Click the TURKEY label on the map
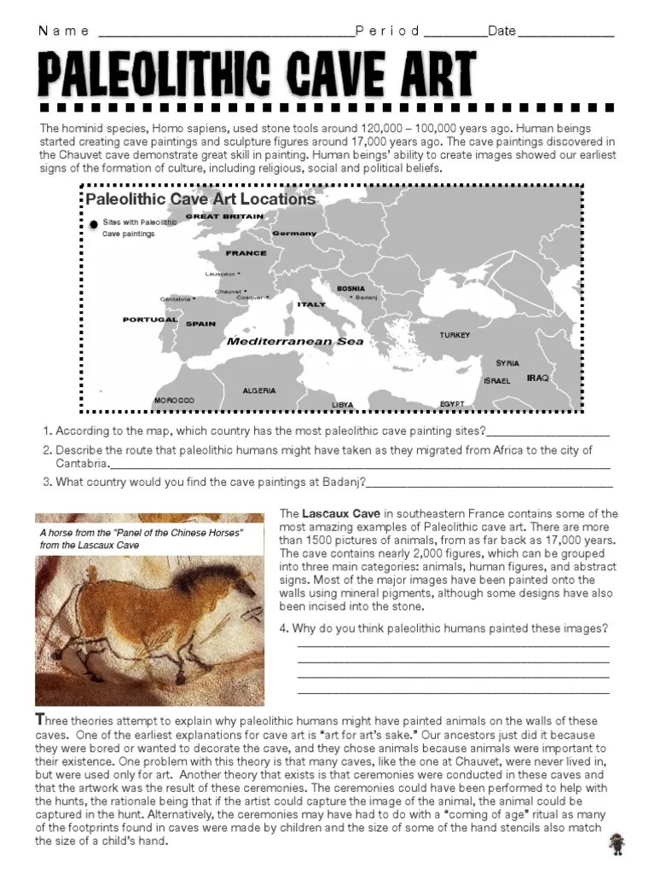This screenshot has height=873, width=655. click(x=455, y=335)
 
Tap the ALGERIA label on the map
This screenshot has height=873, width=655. click(x=259, y=390)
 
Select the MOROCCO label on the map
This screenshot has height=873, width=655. click(x=174, y=400)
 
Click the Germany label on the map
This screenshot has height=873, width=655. click(x=294, y=233)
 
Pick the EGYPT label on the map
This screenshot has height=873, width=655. click(x=452, y=403)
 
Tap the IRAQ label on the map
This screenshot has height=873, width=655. click(x=538, y=377)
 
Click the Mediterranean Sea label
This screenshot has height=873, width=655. click(x=295, y=341)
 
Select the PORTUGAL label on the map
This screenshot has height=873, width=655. click(x=150, y=320)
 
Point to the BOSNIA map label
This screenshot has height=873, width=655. click(x=351, y=289)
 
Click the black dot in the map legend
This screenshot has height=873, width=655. click(x=93, y=224)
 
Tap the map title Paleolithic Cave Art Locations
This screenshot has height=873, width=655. click(x=200, y=199)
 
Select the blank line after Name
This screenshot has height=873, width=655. click(x=226, y=34)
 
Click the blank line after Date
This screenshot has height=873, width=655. click(x=565, y=34)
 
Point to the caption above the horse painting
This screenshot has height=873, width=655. click(x=141, y=539)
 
